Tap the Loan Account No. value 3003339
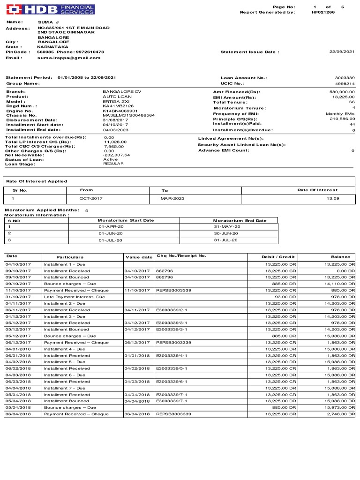345,78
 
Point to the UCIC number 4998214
345,83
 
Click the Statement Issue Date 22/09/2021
342,52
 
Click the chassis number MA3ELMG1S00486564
128,115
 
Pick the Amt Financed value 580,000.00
342,92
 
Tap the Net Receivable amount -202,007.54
117,155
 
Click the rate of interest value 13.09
333,199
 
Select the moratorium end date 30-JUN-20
226,233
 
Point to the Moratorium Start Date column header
125,220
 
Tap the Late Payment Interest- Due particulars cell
74,297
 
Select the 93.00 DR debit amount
285,297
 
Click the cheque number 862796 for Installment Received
164,270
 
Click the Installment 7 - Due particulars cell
65,388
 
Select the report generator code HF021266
323,12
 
